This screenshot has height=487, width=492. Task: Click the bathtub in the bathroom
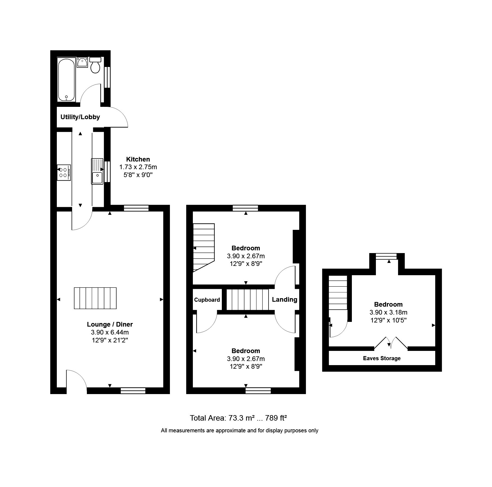click(66, 79)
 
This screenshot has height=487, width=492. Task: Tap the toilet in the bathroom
click(95, 65)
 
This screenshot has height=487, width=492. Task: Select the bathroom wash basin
click(82, 62)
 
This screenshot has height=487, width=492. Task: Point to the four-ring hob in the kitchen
click(64, 172)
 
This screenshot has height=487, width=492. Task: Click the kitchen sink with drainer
click(97, 171)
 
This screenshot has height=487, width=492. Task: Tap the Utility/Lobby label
click(80, 117)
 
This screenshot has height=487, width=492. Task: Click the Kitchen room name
click(138, 159)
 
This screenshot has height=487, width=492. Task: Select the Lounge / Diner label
click(110, 324)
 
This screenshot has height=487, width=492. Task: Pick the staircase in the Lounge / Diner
click(95, 298)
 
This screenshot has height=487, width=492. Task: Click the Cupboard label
click(207, 300)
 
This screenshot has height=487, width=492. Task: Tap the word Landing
click(284, 300)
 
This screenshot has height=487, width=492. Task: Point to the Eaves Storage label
click(382, 358)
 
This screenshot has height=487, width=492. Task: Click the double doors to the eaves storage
click(391, 343)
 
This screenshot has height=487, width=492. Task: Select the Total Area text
click(238, 418)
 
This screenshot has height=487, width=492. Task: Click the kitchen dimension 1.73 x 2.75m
click(138, 167)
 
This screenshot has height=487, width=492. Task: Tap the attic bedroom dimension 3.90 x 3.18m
click(388, 312)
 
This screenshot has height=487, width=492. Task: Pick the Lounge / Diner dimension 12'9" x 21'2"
click(110, 340)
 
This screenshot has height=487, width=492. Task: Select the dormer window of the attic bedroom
click(386, 256)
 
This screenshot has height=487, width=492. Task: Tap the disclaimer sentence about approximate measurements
click(240, 430)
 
